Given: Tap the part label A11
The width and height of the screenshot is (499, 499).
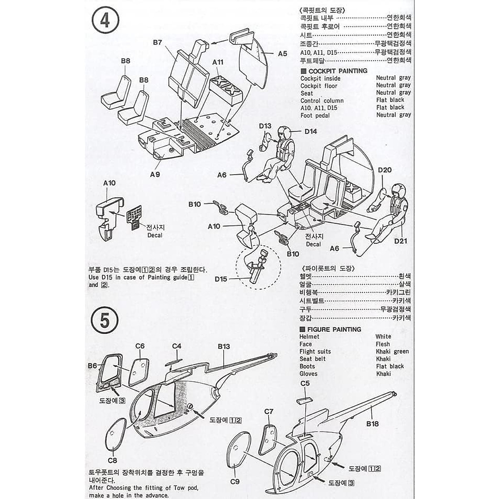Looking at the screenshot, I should pyautogui.click(x=218, y=62).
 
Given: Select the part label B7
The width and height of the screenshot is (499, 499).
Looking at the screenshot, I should pyautogui.click(x=157, y=42).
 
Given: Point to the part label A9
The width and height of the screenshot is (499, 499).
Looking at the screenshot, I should pyautogui.click(x=155, y=174).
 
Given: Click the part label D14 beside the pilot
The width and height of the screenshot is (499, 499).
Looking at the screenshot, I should pyautogui.click(x=310, y=131).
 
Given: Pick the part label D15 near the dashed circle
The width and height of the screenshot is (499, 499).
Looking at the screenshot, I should pyautogui.click(x=221, y=279).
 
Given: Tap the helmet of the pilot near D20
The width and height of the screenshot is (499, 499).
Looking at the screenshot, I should pyautogui.click(x=395, y=190).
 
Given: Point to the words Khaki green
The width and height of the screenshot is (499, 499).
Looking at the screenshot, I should pyautogui.click(x=392, y=351).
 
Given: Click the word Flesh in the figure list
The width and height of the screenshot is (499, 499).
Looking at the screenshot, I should pyautogui.click(x=383, y=344).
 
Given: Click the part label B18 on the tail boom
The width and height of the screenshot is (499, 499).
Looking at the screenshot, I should pyautogui.click(x=373, y=424).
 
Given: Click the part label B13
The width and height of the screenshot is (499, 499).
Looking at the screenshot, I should pyautogui.click(x=223, y=346).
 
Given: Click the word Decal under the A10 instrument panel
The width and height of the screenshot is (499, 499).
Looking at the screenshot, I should pyautogui.click(x=155, y=235).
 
